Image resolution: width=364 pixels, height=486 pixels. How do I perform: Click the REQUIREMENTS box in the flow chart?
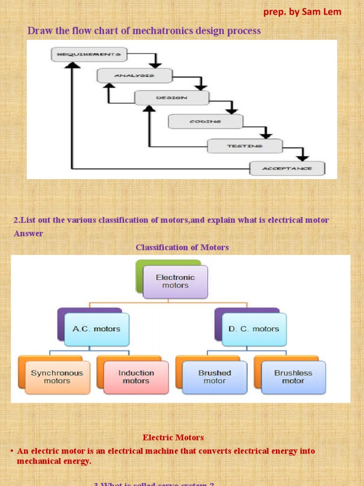[x=89, y=55]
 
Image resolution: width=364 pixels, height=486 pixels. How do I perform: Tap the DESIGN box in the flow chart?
[x=172, y=98]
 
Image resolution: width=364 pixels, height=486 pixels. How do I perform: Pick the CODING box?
[x=205, y=121]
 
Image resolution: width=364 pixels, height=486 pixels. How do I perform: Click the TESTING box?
[x=245, y=146]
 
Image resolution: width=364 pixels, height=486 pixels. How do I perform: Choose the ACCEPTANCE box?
[x=287, y=168]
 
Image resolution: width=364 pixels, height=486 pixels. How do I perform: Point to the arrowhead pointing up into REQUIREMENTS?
[x=72, y=67]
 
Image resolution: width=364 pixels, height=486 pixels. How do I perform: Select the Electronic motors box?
[x=175, y=281]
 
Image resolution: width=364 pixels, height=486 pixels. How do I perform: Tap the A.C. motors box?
[x=96, y=329]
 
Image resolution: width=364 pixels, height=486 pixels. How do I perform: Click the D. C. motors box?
[x=254, y=329]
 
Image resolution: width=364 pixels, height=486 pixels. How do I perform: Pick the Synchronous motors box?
[x=57, y=377]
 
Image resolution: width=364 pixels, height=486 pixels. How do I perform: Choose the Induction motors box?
[x=136, y=377]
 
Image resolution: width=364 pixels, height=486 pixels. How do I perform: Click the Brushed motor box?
[x=215, y=377]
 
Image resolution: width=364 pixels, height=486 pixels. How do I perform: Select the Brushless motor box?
[x=293, y=377]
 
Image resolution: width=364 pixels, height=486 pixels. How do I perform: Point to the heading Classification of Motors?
[x=182, y=247]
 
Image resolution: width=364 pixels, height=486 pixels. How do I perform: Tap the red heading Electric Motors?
[x=173, y=438]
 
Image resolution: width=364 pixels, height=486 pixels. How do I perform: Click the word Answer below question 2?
[x=28, y=234]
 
